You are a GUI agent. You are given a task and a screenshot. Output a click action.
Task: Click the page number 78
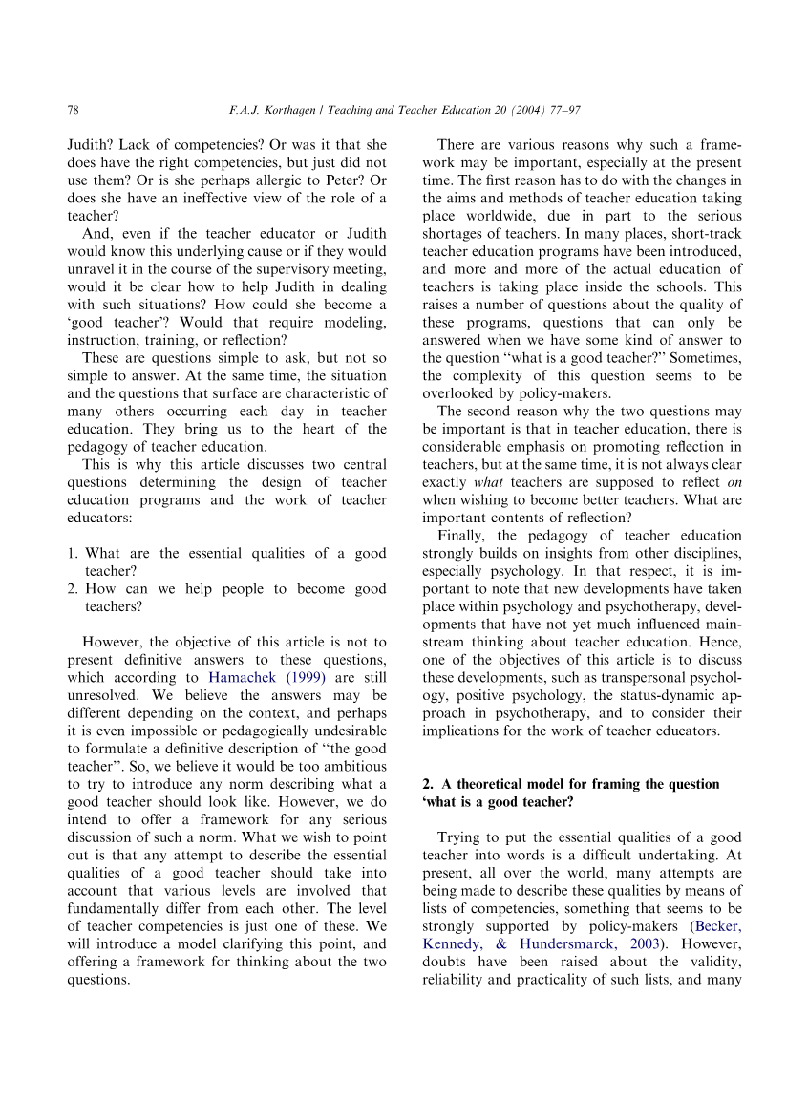pyautogui.click(x=73, y=111)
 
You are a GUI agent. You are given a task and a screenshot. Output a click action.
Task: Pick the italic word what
pyautogui.click(x=488, y=482)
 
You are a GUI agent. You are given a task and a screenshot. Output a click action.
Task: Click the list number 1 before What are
pyautogui.click(x=72, y=553)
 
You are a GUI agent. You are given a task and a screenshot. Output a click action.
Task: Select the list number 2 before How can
pyautogui.click(x=72, y=588)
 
